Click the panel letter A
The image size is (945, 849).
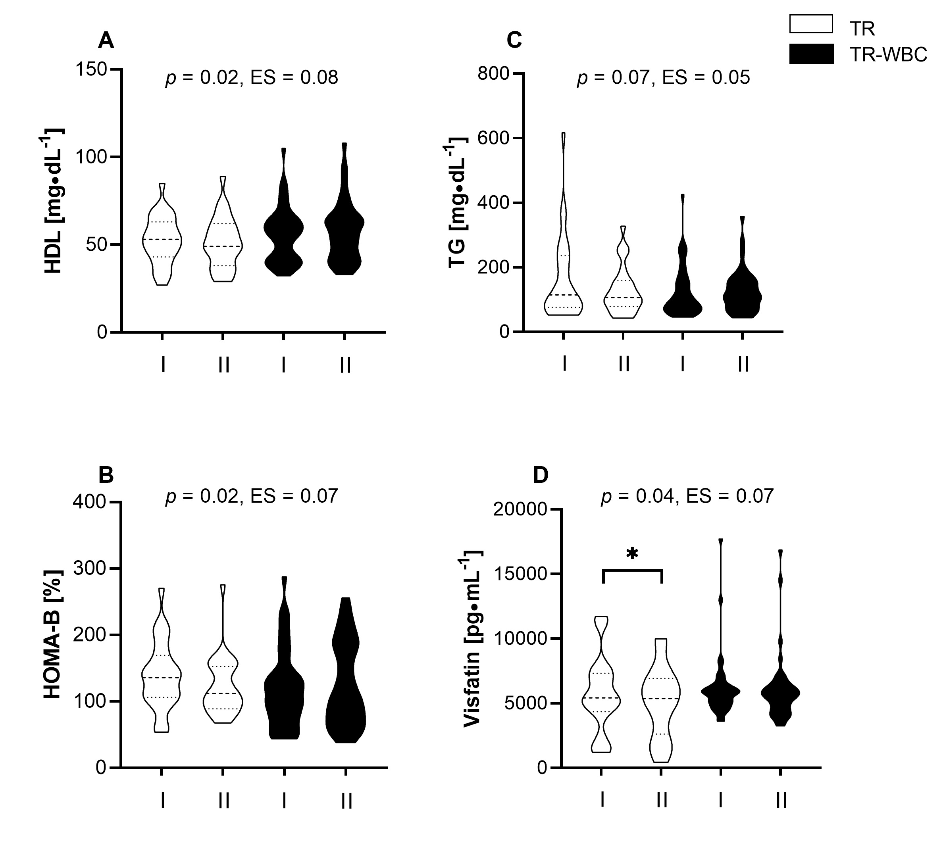pos(106,41)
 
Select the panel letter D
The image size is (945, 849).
pos(541,475)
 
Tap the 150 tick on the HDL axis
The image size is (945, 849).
pos(91,69)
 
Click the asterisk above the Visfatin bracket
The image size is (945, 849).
pos(632,555)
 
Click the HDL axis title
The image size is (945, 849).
pos(54,201)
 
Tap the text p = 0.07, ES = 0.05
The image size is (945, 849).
pos(663,77)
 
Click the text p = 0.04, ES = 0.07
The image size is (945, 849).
pos(687,496)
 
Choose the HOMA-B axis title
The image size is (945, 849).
pos(52,634)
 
